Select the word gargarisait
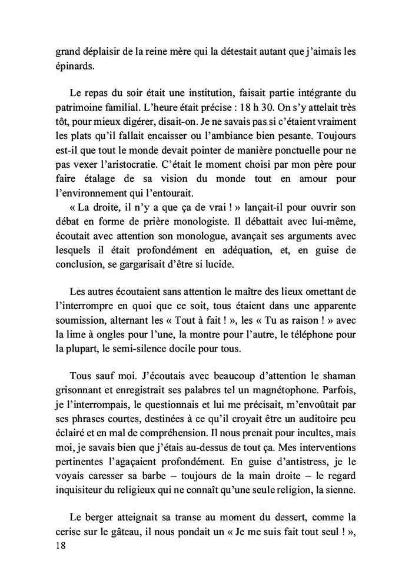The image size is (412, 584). (141, 265)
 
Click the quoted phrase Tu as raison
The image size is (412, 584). (301, 320)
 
